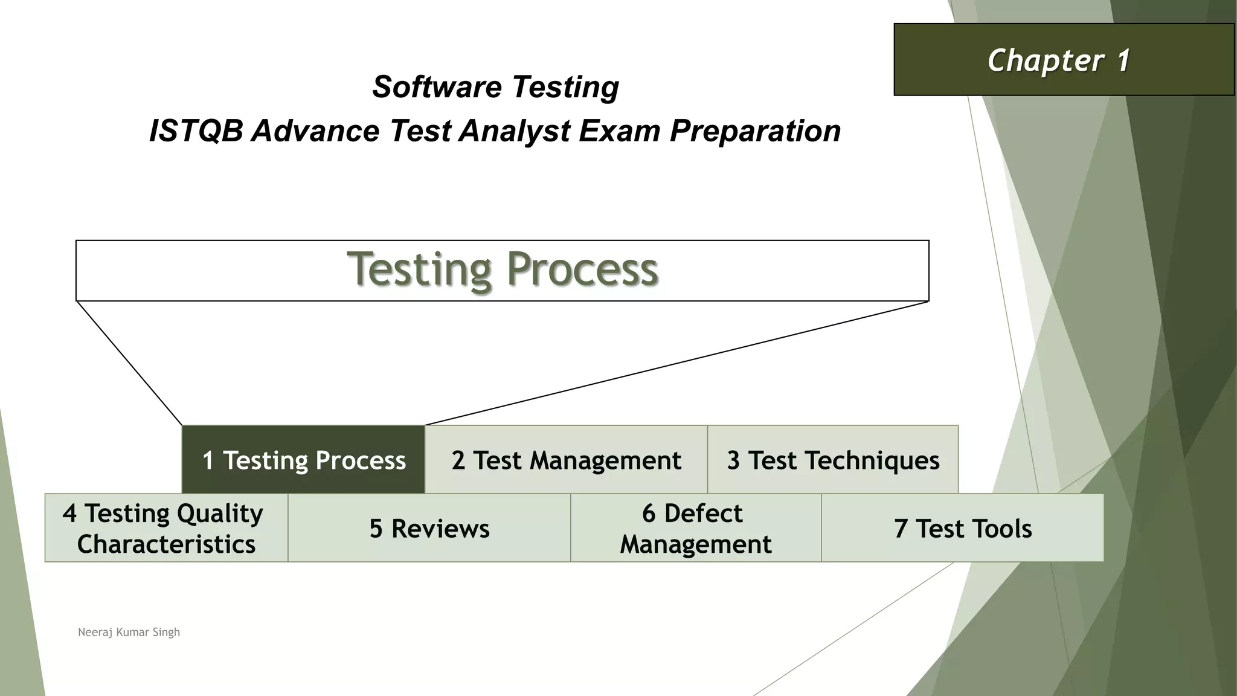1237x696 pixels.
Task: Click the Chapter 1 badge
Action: point(1063,60)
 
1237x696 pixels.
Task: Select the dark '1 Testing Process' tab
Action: point(303,460)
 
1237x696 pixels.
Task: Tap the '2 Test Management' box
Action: point(566,460)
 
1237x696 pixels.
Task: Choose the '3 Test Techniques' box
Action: point(833,460)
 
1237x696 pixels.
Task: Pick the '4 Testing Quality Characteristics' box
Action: point(166,528)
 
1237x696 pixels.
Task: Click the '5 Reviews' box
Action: point(429,528)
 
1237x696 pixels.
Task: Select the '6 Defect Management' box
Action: point(696,528)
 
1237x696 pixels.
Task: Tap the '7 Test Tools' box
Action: point(963,528)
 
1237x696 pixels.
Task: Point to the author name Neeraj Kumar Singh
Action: point(129,632)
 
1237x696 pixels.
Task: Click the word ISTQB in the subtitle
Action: point(195,130)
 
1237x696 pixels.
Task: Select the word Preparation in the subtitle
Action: point(755,130)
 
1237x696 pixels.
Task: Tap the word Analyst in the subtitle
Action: point(514,130)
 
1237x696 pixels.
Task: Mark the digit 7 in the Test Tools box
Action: point(901,529)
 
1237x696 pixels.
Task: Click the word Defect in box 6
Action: point(703,513)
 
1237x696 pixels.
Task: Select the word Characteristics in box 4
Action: point(166,544)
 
